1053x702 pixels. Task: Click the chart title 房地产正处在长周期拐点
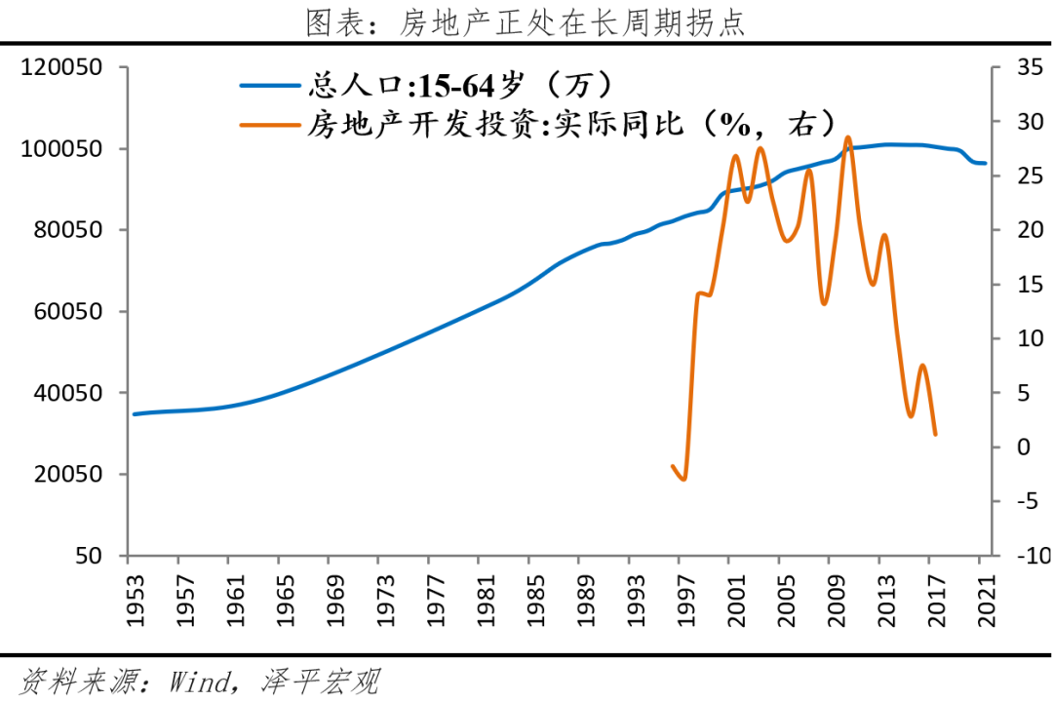[x=526, y=21]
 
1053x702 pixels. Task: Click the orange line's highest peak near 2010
[x=847, y=137]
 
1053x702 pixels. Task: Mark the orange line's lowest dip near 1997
[x=684, y=480]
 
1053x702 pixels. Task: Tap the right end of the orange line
[x=935, y=434]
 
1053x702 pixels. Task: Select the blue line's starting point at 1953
[x=135, y=414]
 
